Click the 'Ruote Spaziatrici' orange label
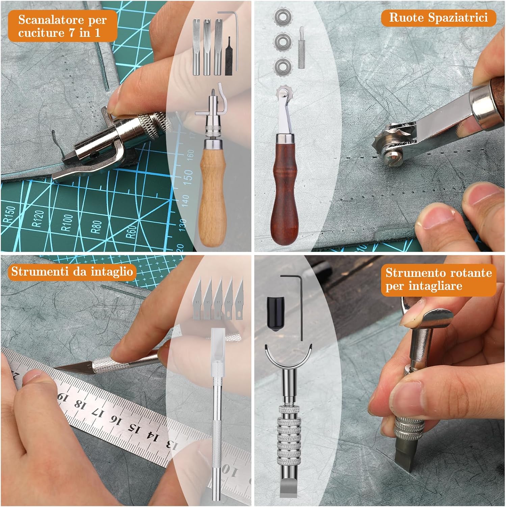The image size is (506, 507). coord(438,18)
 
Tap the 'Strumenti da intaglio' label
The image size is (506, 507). coord(72,271)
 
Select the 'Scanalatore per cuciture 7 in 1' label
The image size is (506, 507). coord(62,26)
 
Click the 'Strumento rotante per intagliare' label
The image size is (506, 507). coord(438,279)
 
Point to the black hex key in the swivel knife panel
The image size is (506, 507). coord(300,304)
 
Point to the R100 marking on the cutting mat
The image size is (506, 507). coord(67,223)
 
